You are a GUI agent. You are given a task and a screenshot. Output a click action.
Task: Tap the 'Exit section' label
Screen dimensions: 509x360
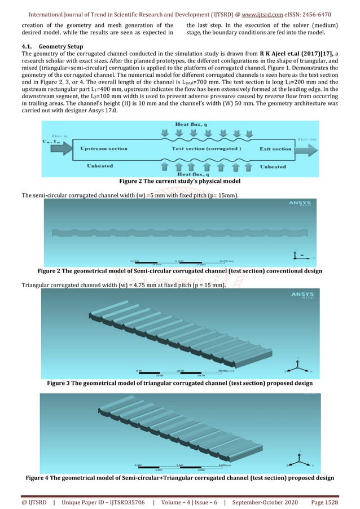pos(275,149)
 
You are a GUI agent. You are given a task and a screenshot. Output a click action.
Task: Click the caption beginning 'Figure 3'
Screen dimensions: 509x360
pos(179,384)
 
